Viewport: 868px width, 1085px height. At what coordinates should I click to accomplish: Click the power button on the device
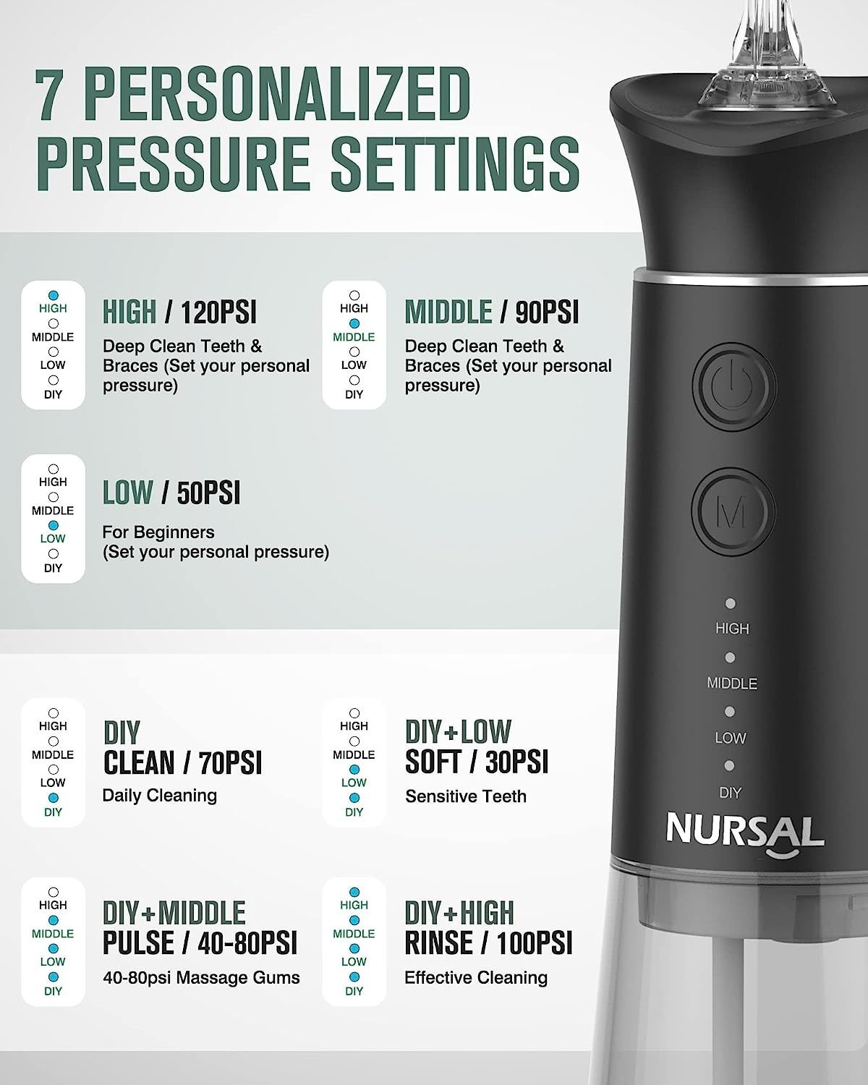734,387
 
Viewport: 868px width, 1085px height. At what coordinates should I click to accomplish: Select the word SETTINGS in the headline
455,164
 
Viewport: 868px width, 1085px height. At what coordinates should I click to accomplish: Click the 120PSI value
218,312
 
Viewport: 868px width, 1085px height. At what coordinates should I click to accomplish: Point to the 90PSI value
547,312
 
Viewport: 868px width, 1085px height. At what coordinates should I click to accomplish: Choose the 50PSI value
208,493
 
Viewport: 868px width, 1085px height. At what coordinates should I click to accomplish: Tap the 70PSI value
230,763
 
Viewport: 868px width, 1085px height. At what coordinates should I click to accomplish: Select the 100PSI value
535,943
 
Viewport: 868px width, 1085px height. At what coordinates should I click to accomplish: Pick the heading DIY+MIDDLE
174,913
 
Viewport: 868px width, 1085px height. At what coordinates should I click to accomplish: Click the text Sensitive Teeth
466,796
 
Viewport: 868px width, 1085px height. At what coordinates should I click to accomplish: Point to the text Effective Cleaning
476,978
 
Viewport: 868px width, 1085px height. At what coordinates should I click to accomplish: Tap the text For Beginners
158,532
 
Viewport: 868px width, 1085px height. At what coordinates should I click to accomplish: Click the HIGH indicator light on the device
730,603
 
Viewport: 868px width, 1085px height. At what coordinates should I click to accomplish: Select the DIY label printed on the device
730,793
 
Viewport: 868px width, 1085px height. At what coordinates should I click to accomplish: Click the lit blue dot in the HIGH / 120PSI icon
53,295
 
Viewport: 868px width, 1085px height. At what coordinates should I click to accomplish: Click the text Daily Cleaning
159,796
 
